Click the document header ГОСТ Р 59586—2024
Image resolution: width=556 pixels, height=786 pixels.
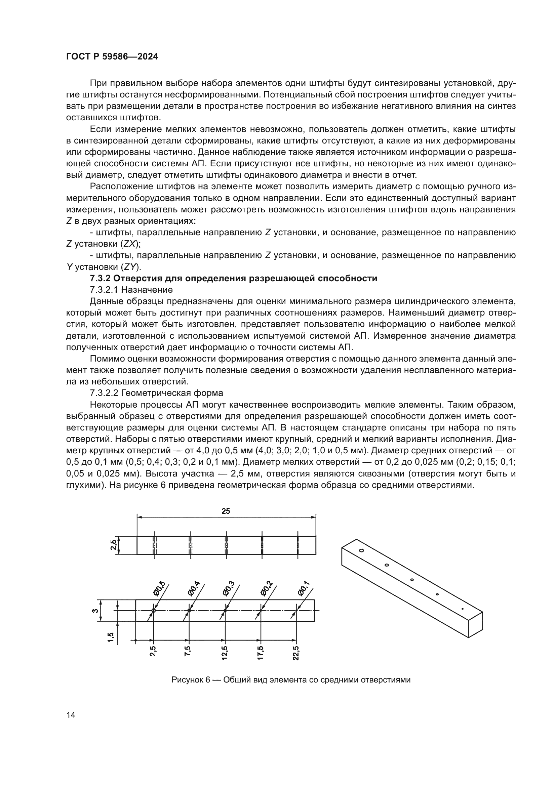[x=112, y=57]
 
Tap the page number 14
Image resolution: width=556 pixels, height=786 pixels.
[x=71, y=715]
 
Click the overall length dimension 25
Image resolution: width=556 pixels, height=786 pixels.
[x=226, y=511]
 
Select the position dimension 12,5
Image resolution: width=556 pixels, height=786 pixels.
[x=224, y=653]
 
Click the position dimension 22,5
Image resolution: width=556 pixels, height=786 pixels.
[x=296, y=653]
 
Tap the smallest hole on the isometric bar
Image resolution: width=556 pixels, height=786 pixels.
[x=463, y=609]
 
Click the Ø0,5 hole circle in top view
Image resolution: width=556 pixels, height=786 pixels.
[x=153, y=611]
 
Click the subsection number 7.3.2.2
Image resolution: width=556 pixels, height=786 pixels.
[x=106, y=393]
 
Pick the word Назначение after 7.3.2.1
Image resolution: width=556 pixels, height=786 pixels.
[x=147, y=290]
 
